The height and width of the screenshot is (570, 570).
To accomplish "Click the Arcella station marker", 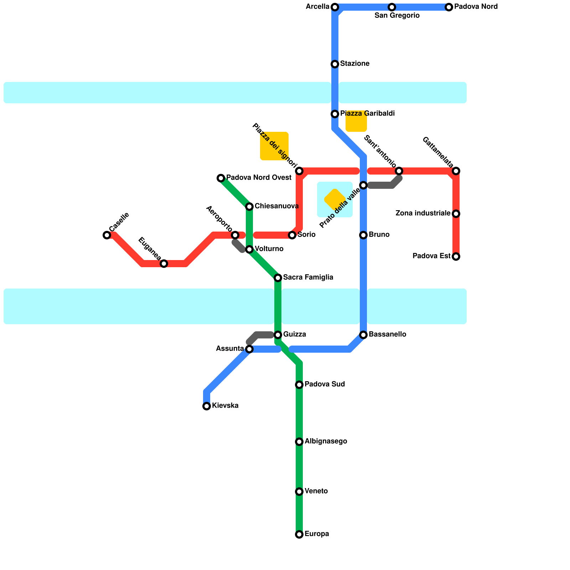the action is pos(335,7).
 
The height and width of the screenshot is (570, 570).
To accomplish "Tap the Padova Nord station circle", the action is pos(449,7).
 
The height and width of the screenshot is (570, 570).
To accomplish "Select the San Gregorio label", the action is pos(397,16).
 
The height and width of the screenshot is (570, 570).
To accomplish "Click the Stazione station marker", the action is pos(335,64).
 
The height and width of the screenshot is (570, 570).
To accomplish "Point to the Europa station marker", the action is pos(299,534).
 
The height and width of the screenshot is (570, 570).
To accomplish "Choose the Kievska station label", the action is pos(225,406).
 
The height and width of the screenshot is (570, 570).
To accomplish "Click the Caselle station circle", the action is pos(107,235).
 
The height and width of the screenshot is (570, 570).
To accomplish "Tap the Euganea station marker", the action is pos(164,264).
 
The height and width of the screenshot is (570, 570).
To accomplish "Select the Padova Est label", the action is pos(431,256).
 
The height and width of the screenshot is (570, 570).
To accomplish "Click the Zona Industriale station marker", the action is pos(456,214).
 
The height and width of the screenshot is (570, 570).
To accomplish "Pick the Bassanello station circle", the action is pos(363,335).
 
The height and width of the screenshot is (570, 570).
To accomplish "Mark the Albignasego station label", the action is pos(326,441).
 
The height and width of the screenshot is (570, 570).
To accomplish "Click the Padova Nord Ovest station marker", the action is pos(221,178).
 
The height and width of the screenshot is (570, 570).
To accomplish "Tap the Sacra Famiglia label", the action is pos(308,278).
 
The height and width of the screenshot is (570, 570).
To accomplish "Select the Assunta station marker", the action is pos(249,349).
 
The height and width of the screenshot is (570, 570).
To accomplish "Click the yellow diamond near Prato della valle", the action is pos(335,199).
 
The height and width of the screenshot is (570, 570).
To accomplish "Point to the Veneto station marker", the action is pos(299,492).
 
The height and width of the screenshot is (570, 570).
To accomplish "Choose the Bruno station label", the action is pos(379,235).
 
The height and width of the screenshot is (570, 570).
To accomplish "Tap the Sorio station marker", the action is pos(292,235).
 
